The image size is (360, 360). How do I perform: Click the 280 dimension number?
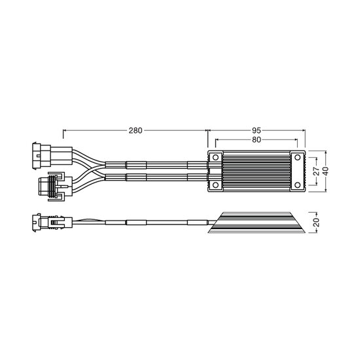pos(135,131)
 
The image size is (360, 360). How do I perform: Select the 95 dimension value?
pos(257,131)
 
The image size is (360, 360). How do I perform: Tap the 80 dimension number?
pos(257,139)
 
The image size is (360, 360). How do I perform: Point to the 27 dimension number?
pos(317,171)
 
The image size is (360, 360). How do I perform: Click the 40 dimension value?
pos(326,171)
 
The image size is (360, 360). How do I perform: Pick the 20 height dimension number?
pos(317,223)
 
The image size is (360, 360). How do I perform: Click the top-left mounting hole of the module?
pos(215,158)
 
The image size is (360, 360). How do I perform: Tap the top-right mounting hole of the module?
pos(298,158)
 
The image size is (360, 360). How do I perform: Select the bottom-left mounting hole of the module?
pos(215,185)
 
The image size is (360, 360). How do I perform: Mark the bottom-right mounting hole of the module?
pos(298,185)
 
